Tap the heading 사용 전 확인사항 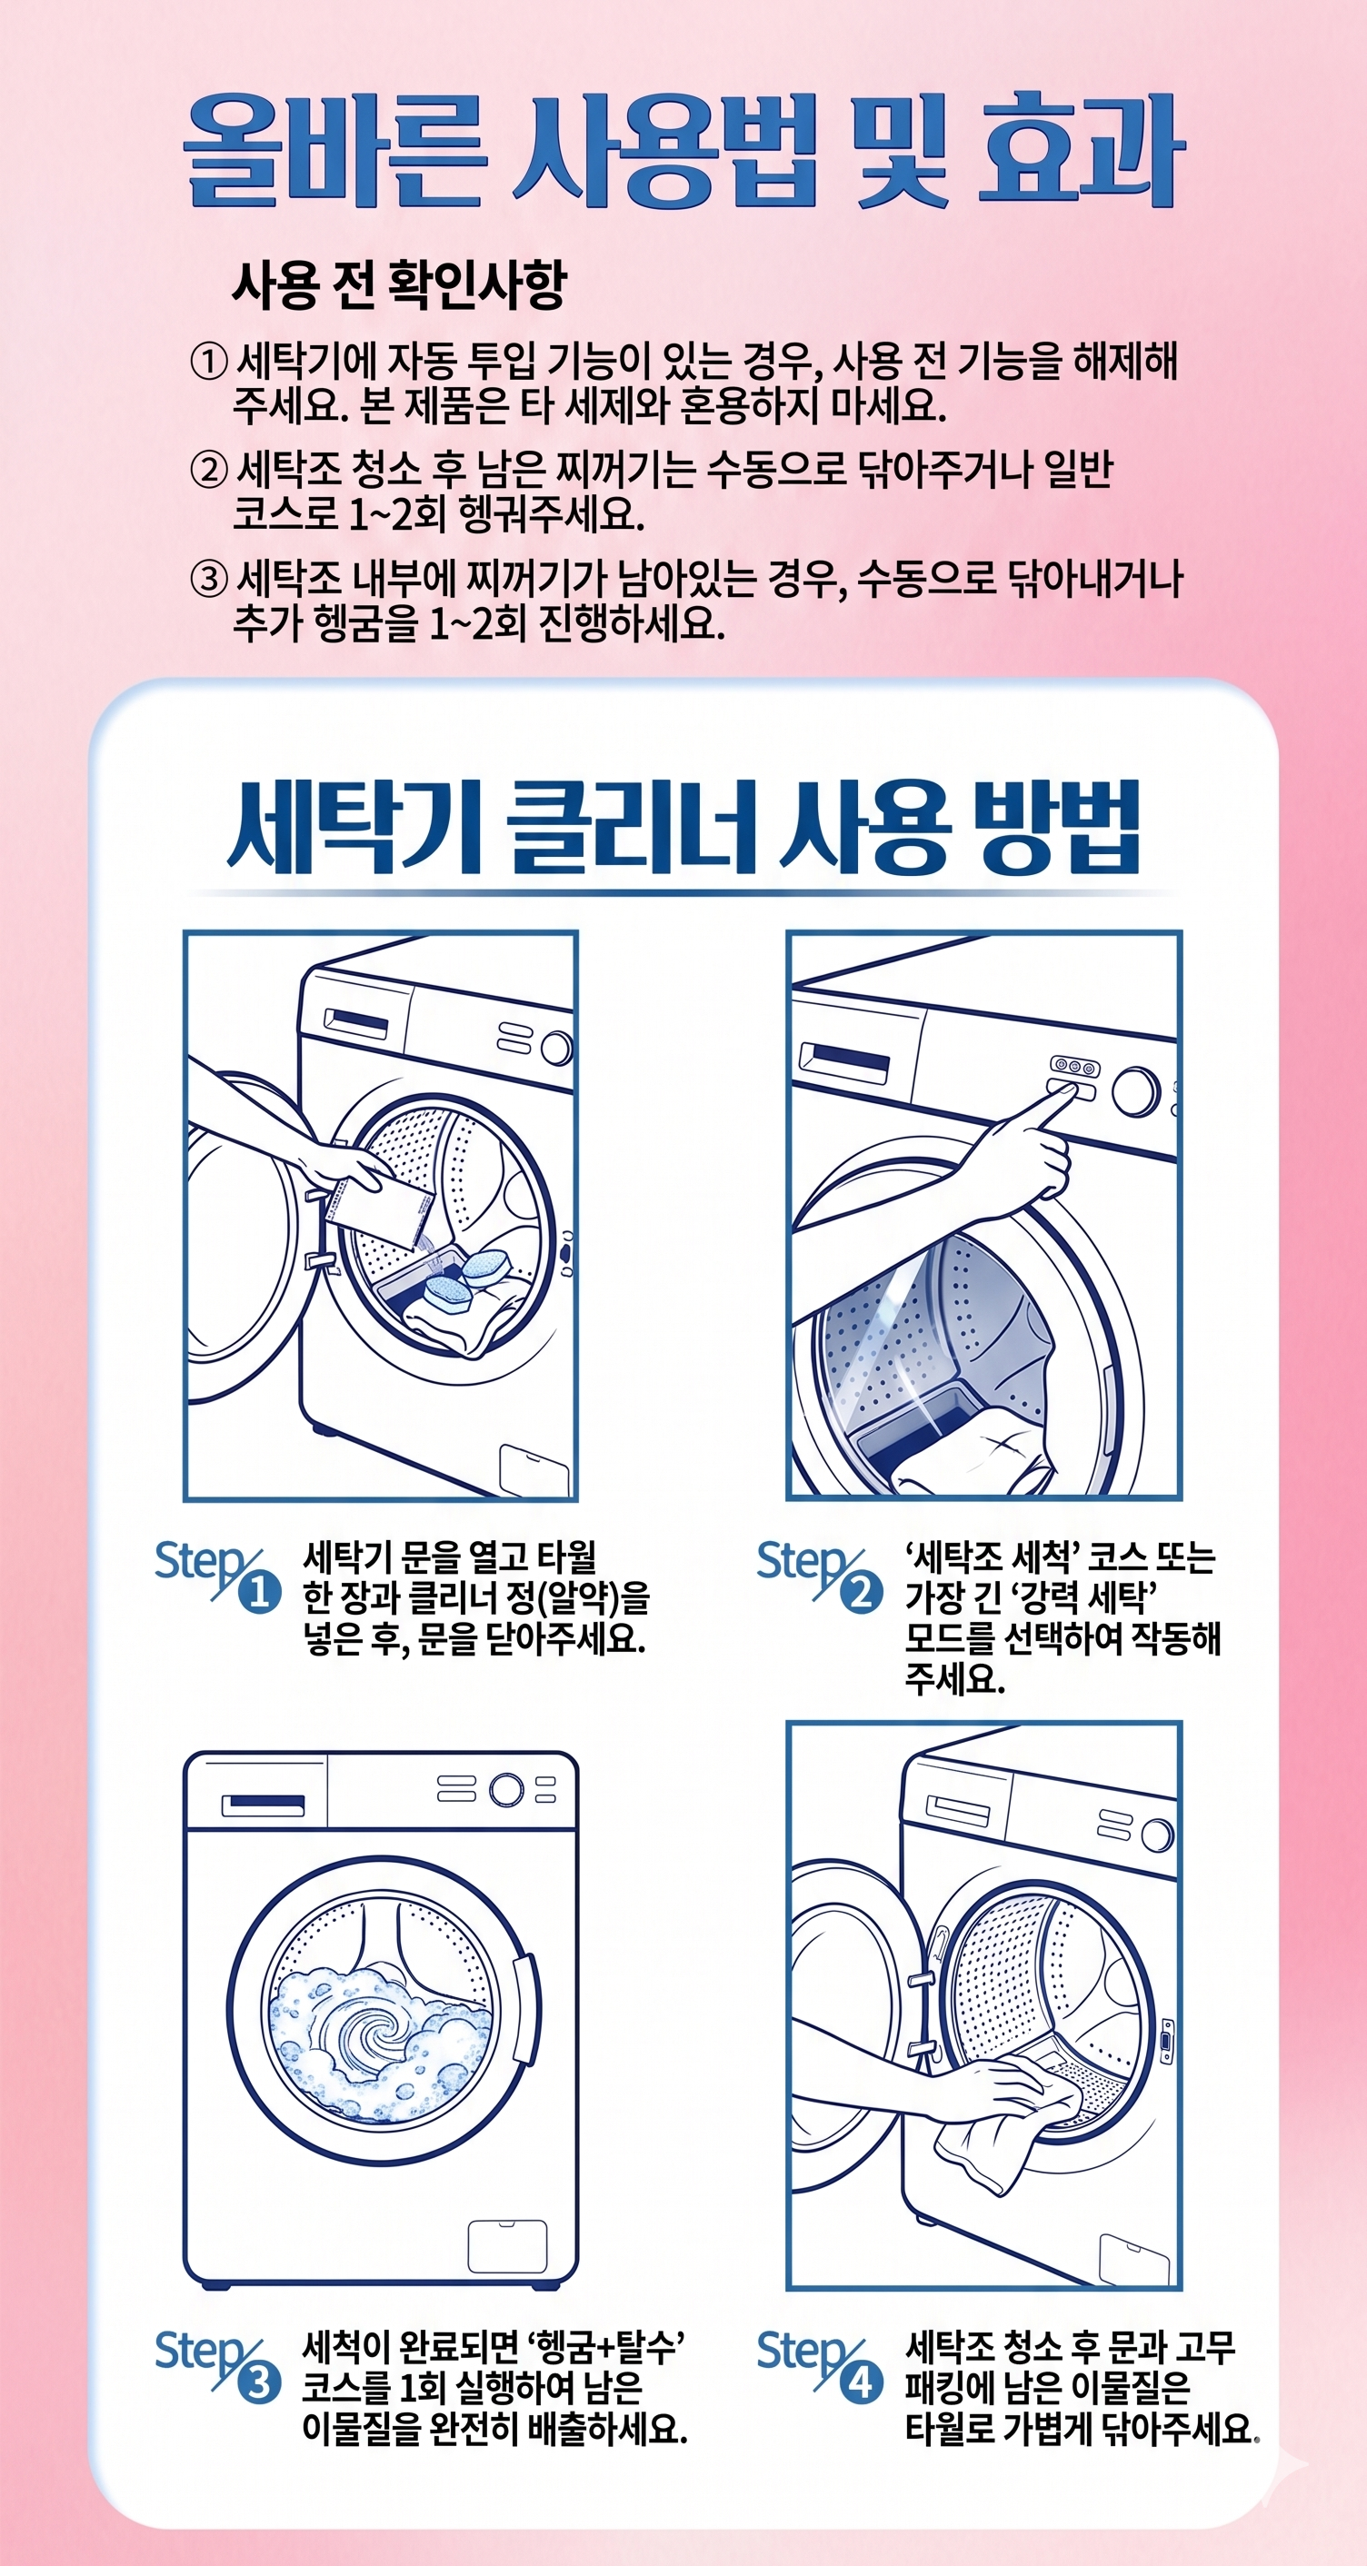tap(398, 285)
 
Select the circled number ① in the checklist tap(208, 362)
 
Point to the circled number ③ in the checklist tap(208, 579)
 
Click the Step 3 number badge tap(259, 2383)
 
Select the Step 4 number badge tap(862, 2383)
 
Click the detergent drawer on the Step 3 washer tap(263, 1805)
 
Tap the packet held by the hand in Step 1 tap(376, 1210)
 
